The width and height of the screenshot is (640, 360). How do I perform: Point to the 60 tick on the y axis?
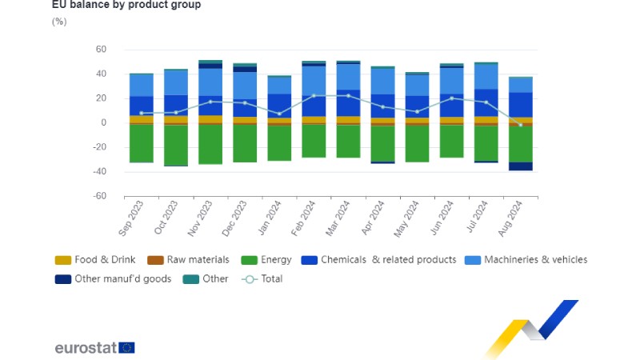pyautogui.click(x=101, y=50)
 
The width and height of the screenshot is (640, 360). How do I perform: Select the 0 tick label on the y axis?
pyautogui.click(x=103, y=122)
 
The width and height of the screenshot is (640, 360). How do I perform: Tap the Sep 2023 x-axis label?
pyautogui.click(x=133, y=218)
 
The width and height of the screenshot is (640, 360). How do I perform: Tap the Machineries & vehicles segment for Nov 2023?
pyautogui.click(x=210, y=82)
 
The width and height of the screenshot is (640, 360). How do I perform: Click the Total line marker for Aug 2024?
pyautogui.click(x=520, y=124)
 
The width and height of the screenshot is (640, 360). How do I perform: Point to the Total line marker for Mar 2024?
pyautogui.click(x=348, y=96)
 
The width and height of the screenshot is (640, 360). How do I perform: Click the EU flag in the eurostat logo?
pyautogui.click(x=126, y=347)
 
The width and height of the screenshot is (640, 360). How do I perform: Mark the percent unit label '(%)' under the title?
pyautogui.click(x=59, y=22)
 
